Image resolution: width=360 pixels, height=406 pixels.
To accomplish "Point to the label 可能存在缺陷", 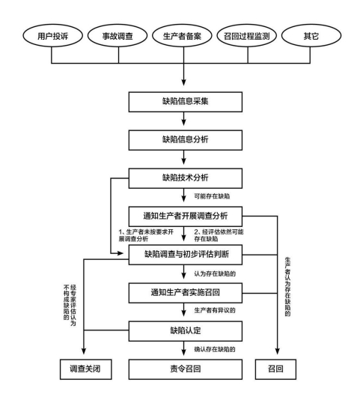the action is [212, 196].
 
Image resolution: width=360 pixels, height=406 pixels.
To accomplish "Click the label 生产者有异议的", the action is [215, 310].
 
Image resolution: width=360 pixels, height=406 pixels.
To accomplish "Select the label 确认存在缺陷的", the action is [215, 349].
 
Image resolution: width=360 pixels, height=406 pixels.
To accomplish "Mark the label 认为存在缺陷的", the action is [215, 273].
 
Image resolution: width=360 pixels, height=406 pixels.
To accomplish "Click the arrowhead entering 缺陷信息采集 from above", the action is [183, 82].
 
